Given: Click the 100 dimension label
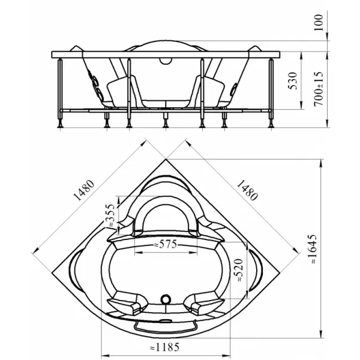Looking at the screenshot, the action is pyautogui.click(x=319, y=23).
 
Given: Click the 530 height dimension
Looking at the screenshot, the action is pyautogui.click(x=293, y=80).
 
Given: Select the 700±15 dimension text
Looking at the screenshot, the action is pyautogui.click(x=319, y=89).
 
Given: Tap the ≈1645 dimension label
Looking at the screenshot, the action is pyautogui.click(x=313, y=248).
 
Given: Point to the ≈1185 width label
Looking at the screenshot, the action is pyautogui.click(x=164, y=347).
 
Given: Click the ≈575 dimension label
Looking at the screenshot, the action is pyautogui.click(x=166, y=244).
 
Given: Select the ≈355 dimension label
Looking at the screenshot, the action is pyautogui.click(x=110, y=215).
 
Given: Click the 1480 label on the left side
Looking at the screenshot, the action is pyautogui.click(x=84, y=190).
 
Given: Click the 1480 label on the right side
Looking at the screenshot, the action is pyautogui.click(x=247, y=190).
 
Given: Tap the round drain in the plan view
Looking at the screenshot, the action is pyautogui.click(x=166, y=299).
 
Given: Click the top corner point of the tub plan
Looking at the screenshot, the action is pyautogui.click(x=166, y=159).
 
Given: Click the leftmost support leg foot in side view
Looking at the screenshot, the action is pyautogui.click(x=60, y=125).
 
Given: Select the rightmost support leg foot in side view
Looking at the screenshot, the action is pyautogui.click(x=271, y=125).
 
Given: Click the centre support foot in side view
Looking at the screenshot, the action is pyautogui.click(x=166, y=125).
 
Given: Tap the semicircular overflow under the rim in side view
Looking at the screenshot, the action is pyautogui.click(x=166, y=61).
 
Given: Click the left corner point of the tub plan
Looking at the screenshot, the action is pyautogui.click(x=53, y=272).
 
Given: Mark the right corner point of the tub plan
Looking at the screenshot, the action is pyautogui.click(x=279, y=272).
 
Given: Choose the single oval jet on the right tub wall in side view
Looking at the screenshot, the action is pyautogui.click(x=234, y=89).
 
